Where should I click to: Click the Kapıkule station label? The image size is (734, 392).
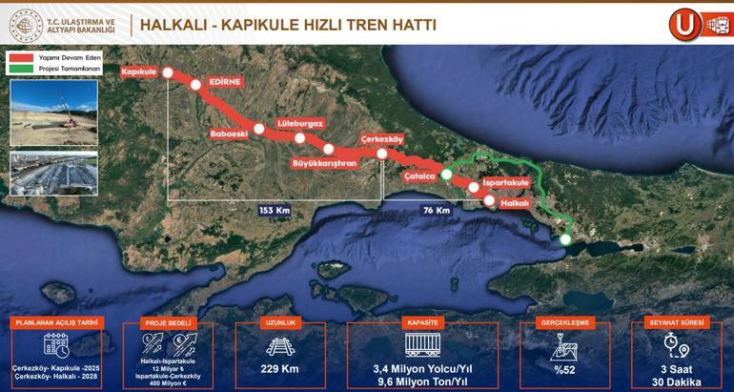pyautogui.click(x=139, y=72)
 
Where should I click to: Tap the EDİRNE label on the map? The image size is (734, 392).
pyautogui.click(x=225, y=84)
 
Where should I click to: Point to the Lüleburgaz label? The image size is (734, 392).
pyautogui.click(x=299, y=123)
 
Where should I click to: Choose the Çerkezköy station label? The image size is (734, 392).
pyautogui.click(x=383, y=138)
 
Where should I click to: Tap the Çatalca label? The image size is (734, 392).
pyautogui.click(x=419, y=176)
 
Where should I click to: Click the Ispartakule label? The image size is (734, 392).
pyautogui.click(x=506, y=181)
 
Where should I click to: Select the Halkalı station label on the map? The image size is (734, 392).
pyautogui.click(x=514, y=202)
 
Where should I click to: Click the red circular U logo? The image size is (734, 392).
pyautogui.click(x=684, y=23)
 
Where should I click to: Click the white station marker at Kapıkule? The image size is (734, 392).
pyautogui.click(x=168, y=72)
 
